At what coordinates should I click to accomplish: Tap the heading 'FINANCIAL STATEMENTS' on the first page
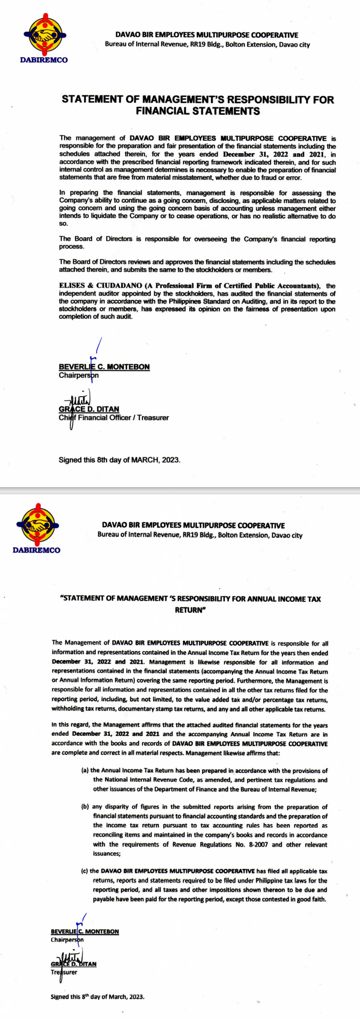click(198, 111)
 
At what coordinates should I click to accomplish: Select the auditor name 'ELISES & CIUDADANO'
click(100, 286)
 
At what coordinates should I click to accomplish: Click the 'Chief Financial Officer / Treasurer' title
click(114, 418)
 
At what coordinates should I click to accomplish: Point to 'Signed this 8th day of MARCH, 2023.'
click(119, 460)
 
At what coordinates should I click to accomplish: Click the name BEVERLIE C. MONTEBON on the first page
click(104, 367)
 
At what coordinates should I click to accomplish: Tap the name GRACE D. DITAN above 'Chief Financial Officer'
click(89, 409)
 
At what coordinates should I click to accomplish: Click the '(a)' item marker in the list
click(85, 771)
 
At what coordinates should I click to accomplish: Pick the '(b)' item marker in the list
click(85, 807)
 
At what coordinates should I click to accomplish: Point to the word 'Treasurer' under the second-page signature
click(64, 972)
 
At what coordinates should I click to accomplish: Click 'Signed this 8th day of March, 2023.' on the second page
click(97, 997)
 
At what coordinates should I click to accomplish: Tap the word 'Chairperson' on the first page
click(78, 376)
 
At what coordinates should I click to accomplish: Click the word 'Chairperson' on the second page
click(67, 940)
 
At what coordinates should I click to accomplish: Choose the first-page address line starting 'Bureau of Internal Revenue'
click(207, 44)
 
